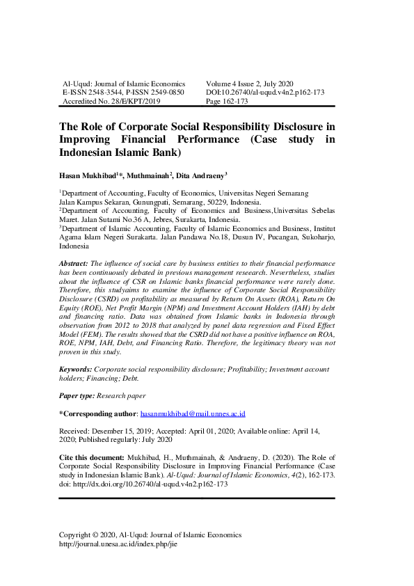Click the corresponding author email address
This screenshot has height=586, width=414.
tap(193, 413)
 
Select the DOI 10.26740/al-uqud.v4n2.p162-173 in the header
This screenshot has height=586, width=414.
tap(265, 92)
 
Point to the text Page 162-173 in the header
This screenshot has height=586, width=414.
tap(227, 101)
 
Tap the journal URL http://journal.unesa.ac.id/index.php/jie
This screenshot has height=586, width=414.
tap(118, 544)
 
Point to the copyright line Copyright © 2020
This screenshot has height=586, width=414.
tap(95, 534)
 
